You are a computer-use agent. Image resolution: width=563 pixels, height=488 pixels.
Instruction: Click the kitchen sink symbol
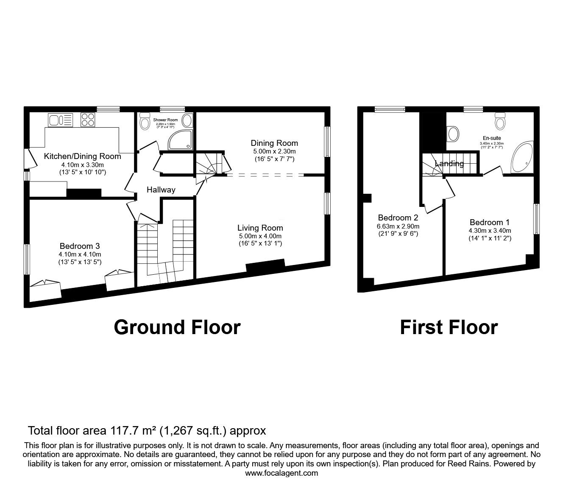(x=61, y=120)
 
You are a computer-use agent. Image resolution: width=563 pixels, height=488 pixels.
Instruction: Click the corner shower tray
(x=180, y=139)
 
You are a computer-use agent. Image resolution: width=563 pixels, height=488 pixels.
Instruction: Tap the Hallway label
(x=161, y=190)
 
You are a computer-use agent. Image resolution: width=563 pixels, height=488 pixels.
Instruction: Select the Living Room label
(x=260, y=228)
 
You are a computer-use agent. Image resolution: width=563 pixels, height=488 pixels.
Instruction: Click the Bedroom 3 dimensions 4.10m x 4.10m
(x=80, y=254)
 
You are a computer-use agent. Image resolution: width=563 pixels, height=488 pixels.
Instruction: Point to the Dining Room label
(x=274, y=143)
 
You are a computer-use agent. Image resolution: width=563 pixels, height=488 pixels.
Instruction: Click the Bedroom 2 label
(x=398, y=218)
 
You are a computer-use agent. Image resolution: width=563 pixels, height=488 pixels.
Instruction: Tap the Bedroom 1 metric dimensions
(x=490, y=231)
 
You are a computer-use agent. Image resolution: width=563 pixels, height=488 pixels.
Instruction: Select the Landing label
(x=449, y=164)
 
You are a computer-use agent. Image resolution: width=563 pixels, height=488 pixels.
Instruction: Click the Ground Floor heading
(x=177, y=327)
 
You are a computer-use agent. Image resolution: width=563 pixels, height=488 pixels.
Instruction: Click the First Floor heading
(x=449, y=327)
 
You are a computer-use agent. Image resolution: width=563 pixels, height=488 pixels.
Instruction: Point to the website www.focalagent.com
(x=281, y=473)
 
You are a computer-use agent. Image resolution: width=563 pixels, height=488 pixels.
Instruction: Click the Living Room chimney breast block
(x=265, y=267)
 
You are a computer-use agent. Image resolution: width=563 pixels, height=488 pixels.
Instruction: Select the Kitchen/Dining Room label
(x=82, y=156)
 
